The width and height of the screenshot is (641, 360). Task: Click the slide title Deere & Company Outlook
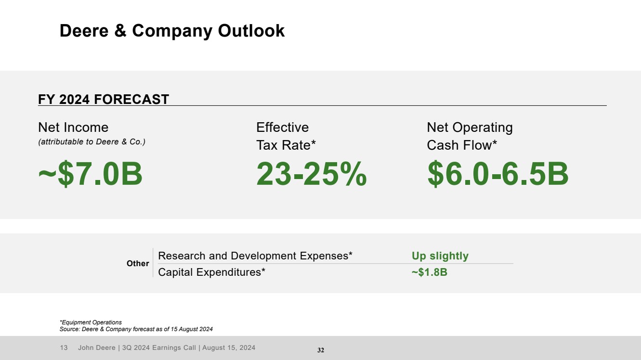(172, 31)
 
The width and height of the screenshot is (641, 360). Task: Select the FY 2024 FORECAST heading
(104, 100)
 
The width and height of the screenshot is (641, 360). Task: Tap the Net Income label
(73, 128)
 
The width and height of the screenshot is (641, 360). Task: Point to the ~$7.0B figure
(91, 174)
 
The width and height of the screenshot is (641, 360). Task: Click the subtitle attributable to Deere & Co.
(92, 142)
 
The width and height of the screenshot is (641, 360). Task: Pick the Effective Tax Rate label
(286, 136)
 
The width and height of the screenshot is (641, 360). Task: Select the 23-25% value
(311, 174)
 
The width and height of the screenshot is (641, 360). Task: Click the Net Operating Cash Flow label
(470, 136)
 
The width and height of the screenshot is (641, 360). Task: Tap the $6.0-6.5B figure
(497, 174)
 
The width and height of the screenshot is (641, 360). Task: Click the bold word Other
(138, 264)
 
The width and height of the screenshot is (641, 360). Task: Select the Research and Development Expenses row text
(255, 256)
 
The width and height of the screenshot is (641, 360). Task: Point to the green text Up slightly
(440, 256)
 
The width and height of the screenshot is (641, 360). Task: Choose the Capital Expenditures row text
(212, 272)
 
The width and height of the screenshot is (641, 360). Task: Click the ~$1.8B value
(429, 272)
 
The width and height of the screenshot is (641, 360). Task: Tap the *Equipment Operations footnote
(91, 322)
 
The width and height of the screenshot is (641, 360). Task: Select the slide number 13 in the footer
(64, 347)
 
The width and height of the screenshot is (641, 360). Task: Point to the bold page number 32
(321, 350)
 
